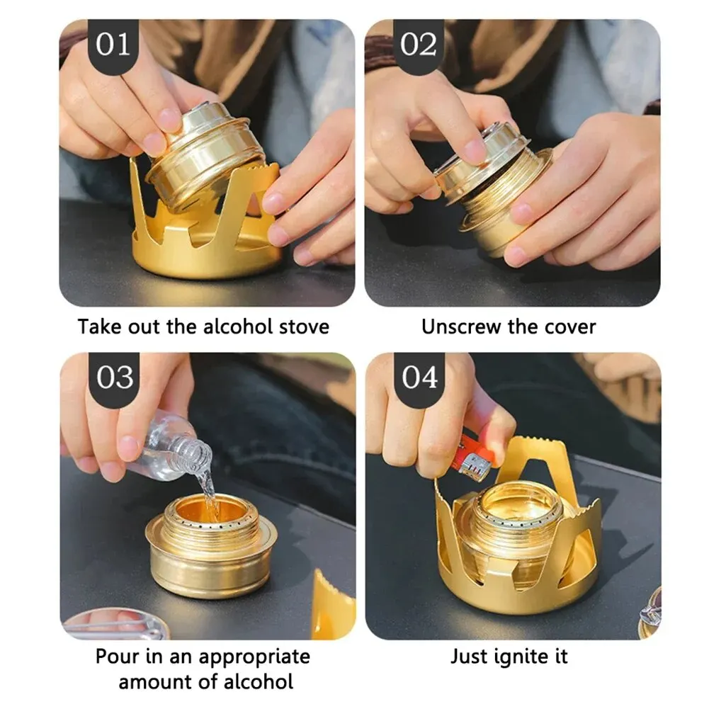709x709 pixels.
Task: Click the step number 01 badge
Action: pos(114,45)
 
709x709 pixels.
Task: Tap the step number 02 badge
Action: pos(419,45)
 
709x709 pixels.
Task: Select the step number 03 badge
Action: pos(114,378)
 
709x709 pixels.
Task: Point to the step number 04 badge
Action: pos(420,378)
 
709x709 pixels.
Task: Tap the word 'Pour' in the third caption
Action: pos(118,657)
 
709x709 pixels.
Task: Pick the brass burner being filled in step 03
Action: pos(210,545)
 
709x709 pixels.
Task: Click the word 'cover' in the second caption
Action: pos(570,327)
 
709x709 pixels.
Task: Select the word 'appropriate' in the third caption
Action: pos(254,657)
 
